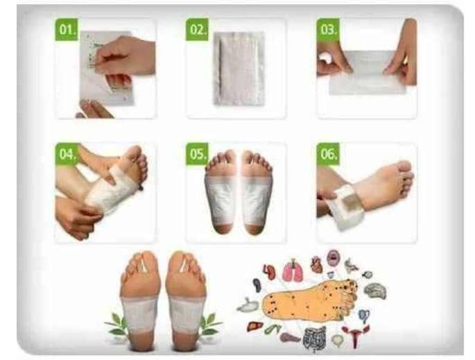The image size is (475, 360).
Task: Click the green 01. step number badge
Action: point(67,30)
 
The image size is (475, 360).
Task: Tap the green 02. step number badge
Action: point(197,30)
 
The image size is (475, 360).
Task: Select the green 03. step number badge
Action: point(328,30)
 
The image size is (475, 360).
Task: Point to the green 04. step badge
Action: point(67,154)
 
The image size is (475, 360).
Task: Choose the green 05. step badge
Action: point(197,154)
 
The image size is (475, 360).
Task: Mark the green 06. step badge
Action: point(328,154)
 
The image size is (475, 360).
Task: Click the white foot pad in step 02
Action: point(239,69)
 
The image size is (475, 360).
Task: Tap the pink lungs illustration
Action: point(293,270)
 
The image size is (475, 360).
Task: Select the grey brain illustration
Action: point(376,291)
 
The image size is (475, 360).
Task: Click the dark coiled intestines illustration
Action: point(315,338)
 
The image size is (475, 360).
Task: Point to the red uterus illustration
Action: point(355,336)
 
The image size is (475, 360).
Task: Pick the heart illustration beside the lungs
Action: point(316,264)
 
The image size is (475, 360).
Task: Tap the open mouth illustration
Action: point(333,258)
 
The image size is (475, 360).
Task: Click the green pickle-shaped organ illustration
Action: point(272,329)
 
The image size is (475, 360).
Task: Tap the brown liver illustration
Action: point(254,326)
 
